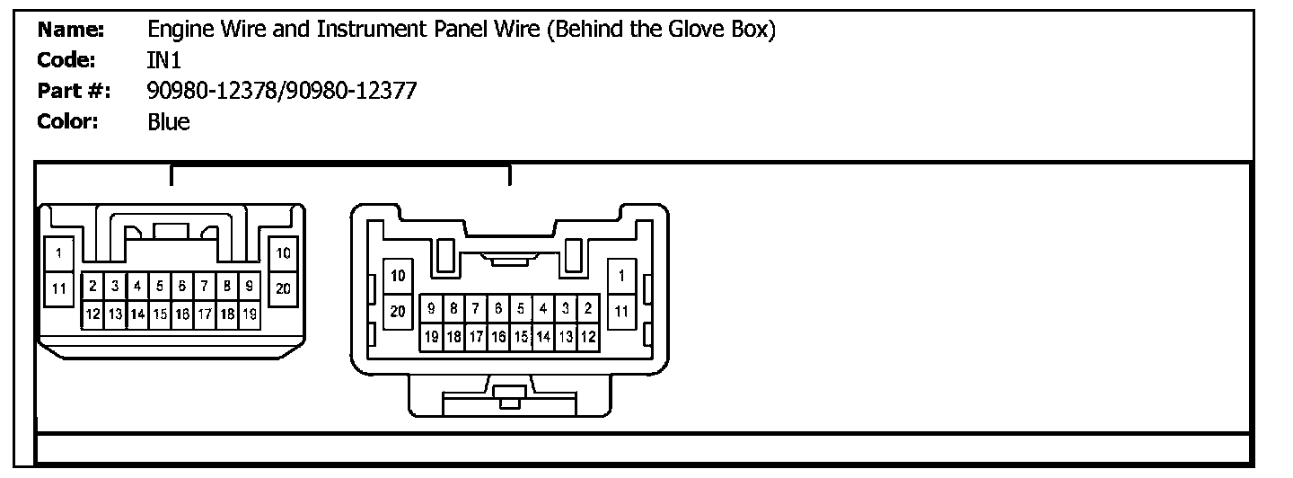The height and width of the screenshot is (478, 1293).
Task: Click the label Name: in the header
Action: click(71, 30)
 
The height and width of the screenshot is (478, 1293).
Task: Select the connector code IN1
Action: click(164, 60)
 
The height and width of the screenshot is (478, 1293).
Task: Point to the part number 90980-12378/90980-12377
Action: click(282, 91)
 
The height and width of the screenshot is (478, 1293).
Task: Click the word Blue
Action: click(169, 121)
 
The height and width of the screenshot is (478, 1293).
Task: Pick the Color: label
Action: click(67, 121)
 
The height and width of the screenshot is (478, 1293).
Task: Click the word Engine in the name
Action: click(178, 30)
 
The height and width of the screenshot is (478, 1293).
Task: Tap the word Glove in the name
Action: click(684, 30)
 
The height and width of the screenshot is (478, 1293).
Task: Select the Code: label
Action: click(67, 60)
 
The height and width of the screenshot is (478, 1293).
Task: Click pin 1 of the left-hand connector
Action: click(59, 253)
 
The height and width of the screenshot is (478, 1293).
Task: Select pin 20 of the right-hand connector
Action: click(398, 311)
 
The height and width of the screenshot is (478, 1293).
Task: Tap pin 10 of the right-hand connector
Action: click(398, 275)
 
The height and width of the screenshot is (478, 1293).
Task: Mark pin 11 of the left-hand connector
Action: click(59, 288)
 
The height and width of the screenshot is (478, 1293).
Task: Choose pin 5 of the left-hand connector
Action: click(160, 287)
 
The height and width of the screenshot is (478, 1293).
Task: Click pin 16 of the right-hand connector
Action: click(498, 337)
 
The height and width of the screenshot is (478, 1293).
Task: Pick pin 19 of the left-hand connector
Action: click(250, 314)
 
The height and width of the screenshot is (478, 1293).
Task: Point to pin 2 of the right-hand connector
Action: click(588, 308)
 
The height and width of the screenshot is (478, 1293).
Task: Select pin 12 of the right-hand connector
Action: click(588, 337)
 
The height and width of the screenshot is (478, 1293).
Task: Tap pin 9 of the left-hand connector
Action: click(250, 287)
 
